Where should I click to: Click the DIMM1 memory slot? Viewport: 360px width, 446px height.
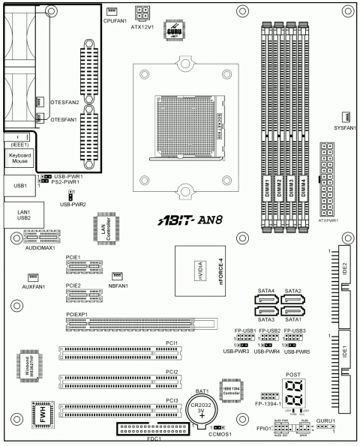pyautogui.click(x=266, y=135)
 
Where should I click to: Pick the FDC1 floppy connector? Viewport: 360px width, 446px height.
pyautogui.click(x=154, y=429)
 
